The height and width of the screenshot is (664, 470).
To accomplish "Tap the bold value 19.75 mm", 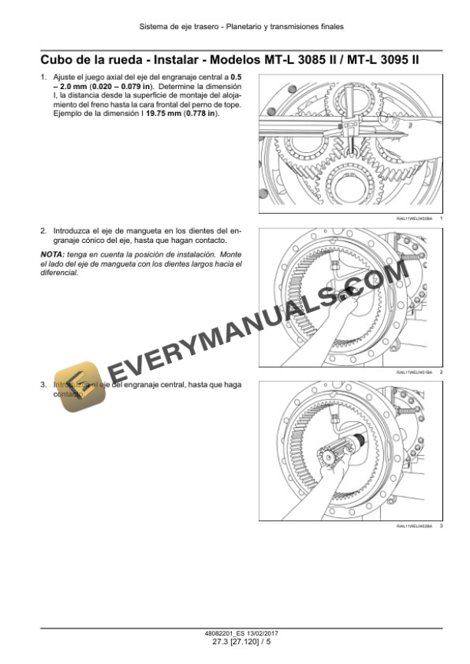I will coord(163,114).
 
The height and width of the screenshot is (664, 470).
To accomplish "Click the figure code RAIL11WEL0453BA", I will coord(414,220).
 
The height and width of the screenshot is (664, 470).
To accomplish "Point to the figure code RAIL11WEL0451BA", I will coord(414,372).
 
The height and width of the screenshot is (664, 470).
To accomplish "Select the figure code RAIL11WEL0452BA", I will coord(414,526).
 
